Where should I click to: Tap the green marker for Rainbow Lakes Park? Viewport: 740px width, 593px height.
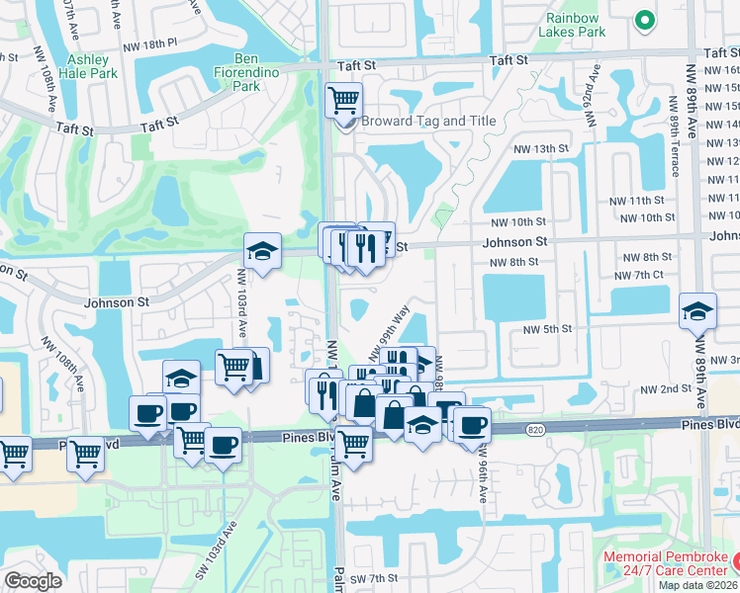tap(644, 19)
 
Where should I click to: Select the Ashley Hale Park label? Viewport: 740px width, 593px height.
tap(86, 66)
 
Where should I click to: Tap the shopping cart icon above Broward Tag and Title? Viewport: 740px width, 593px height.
tap(343, 99)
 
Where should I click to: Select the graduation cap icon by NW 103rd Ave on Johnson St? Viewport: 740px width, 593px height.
tap(263, 251)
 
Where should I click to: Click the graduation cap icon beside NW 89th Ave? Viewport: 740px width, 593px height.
tap(697, 311)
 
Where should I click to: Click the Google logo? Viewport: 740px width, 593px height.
tap(33, 581)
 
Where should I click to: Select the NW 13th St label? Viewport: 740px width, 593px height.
tap(541, 148)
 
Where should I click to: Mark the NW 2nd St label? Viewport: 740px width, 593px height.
tap(664, 389)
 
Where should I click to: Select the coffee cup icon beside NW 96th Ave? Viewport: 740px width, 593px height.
tap(472, 424)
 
